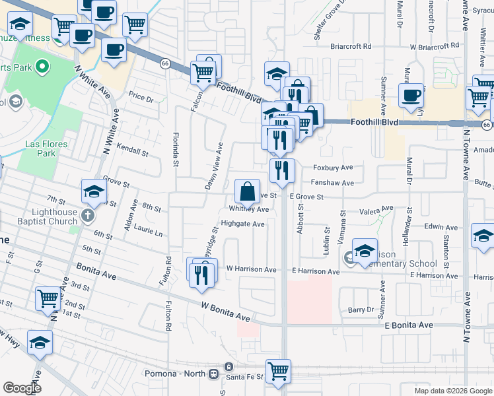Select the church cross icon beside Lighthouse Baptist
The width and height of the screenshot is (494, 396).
(x=88, y=215)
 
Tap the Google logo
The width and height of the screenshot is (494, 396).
(x=22, y=388)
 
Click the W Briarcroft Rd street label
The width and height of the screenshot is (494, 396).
(x=434, y=47)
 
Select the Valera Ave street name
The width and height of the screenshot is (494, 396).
(x=376, y=212)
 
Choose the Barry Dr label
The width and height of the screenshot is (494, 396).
(x=361, y=310)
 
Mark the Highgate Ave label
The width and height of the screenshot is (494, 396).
(x=242, y=224)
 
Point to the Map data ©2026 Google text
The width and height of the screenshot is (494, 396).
(x=452, y=391)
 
